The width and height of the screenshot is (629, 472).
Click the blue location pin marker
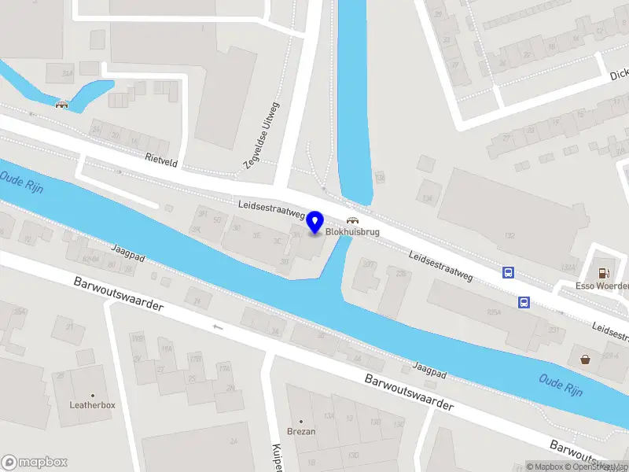coord(315,222)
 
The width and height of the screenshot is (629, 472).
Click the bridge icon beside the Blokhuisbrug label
coord(353,221)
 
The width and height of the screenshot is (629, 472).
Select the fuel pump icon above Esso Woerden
coord(603,273)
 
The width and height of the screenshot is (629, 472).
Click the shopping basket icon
coord(586,360)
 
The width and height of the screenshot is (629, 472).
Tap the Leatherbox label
coord(93,405)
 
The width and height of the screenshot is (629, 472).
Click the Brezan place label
coord(301,432)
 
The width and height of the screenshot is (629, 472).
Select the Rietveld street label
coord(161,157)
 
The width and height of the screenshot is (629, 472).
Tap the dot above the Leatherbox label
coord(93,395)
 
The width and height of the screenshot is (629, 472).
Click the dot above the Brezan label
coord(301,422)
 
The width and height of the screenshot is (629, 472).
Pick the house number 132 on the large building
coord(509,235)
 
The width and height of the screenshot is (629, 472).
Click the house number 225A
coord(493,312)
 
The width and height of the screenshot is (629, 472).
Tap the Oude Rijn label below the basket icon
coord(561,385)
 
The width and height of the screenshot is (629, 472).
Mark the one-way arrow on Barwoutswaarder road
coord(218,326)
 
